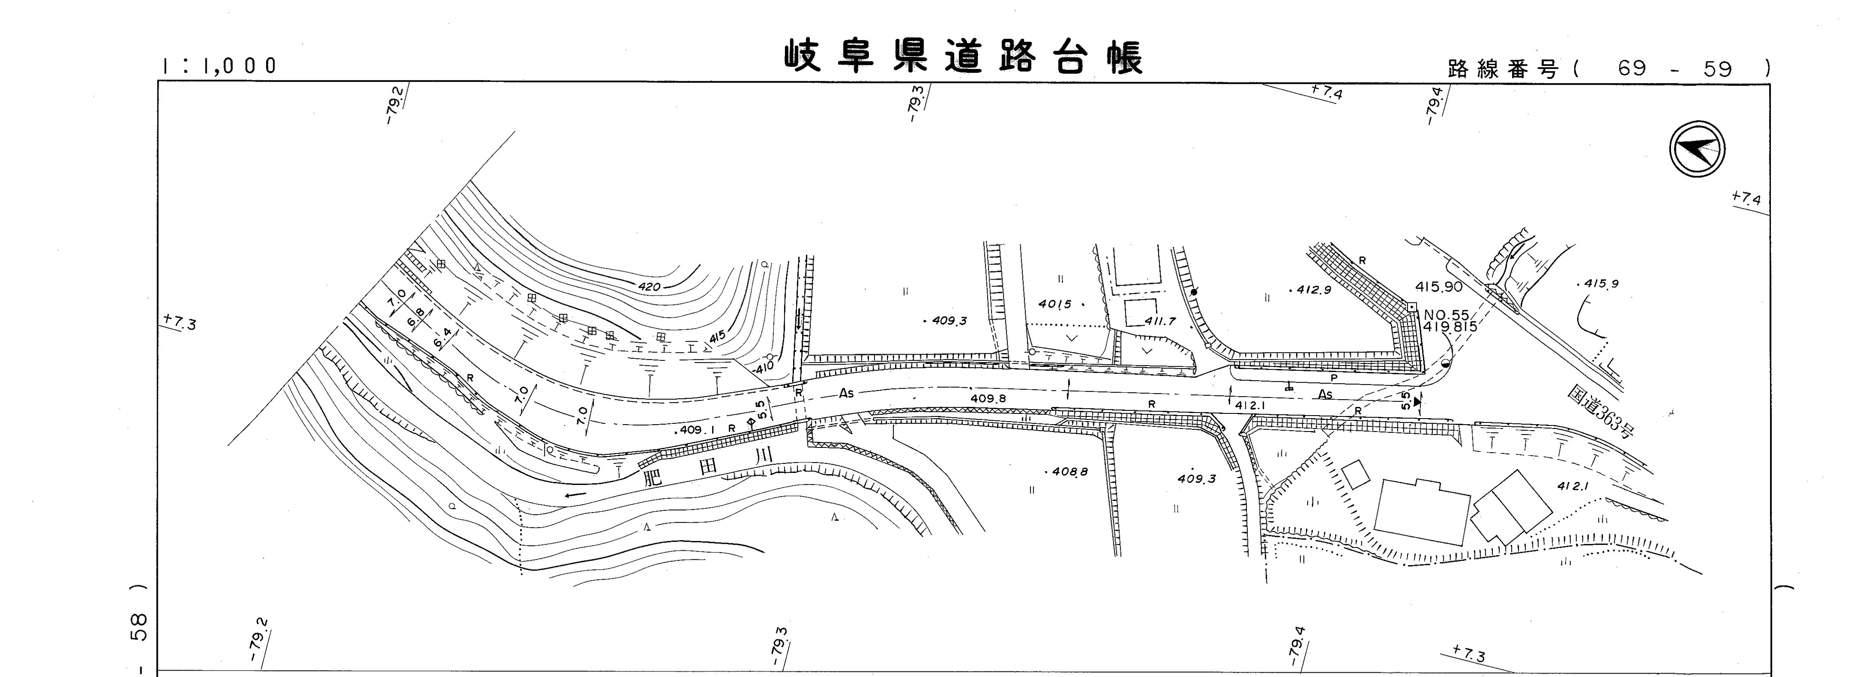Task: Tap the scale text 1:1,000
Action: click(x=219, y=66)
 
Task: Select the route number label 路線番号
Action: click(x=1502, y=70)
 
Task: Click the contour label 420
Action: click(x=649, y=287)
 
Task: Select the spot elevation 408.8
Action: click(x=1069, y=472)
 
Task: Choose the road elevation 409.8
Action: click(x=988, y=398)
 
